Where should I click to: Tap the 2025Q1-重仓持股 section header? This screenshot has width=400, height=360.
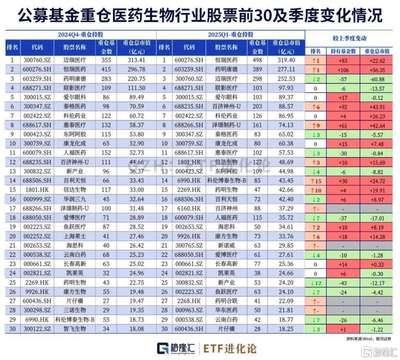(x=231, y=34)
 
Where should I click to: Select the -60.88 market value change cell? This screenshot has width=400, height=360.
(x=377, y=78)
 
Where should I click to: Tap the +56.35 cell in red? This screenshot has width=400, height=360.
(x=377, y=69)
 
